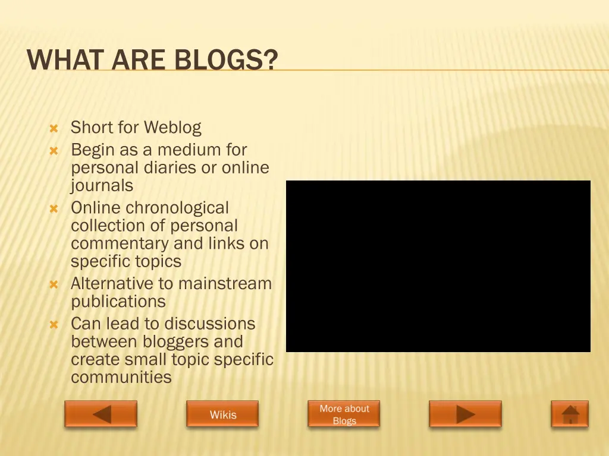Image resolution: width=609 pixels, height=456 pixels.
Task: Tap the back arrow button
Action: [101, 414]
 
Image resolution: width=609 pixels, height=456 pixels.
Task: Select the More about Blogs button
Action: [344, 414]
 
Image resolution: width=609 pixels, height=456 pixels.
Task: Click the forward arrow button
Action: [465, 414]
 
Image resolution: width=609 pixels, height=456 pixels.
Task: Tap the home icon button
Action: [570, 414]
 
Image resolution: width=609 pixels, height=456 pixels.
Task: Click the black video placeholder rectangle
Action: [438, 266]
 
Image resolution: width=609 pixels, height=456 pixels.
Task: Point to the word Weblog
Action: [172, 127]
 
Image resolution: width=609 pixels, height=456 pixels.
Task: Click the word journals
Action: [102, 186]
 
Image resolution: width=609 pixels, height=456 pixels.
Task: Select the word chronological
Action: [177, 208]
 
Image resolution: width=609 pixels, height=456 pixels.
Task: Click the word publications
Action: [118, 302]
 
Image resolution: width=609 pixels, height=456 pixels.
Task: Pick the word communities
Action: [121, 377]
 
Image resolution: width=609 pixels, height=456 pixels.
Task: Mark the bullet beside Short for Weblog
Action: [54, 128]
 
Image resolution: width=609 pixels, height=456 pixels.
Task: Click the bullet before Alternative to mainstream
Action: [54, 284]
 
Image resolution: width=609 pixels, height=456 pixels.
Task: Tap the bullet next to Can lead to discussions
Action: [54, 325]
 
